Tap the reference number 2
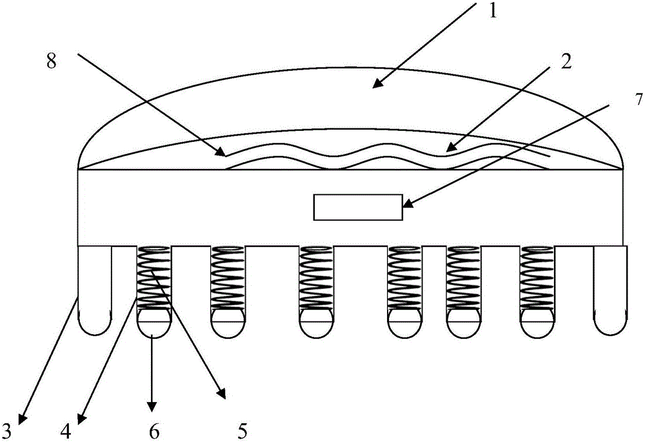point(566,61)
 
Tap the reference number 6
point(154,428)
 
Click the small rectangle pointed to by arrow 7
point(358,207)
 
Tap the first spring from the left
point(154,277)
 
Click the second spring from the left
point(227,277)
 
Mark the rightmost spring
point(538,277)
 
